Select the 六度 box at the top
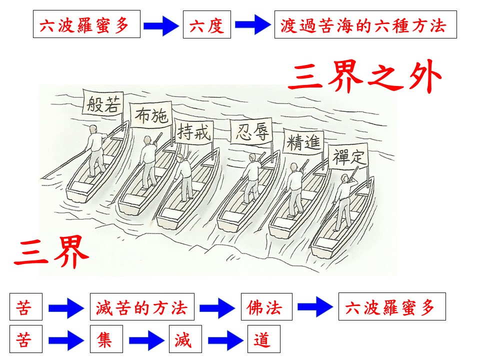pos(207,24)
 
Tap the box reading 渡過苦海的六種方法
pos(365,24)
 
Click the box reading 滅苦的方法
pos(142,306)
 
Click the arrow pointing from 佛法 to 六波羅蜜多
pos(315,307)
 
